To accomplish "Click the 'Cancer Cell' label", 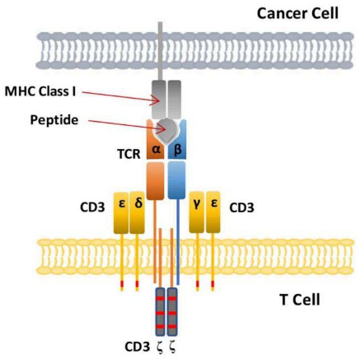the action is (297, 13).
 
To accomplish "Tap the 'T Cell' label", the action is (300, 300).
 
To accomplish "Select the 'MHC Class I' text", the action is (40, 91).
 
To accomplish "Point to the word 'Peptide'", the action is (54, 120).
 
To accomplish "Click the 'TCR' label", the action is (129, 154).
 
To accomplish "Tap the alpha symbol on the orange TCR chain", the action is (156, 150).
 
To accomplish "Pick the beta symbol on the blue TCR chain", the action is (178, 150).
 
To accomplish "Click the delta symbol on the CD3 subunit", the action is (138, 204).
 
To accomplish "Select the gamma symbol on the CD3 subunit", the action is (196, 204).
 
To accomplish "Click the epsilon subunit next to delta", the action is (121, 213).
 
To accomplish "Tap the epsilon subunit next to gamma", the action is (213, 212).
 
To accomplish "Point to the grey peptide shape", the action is (167, 130).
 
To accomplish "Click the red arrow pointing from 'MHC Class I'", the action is (121, 97).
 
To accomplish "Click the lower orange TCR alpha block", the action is (156, 180).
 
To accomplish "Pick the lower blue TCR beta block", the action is (176, 180).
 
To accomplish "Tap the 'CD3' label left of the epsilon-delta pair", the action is (92, 207).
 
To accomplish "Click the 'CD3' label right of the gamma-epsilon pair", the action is (241, 207).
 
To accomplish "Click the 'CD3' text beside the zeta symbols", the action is (138, 347).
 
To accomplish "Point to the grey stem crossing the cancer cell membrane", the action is (160, 51).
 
